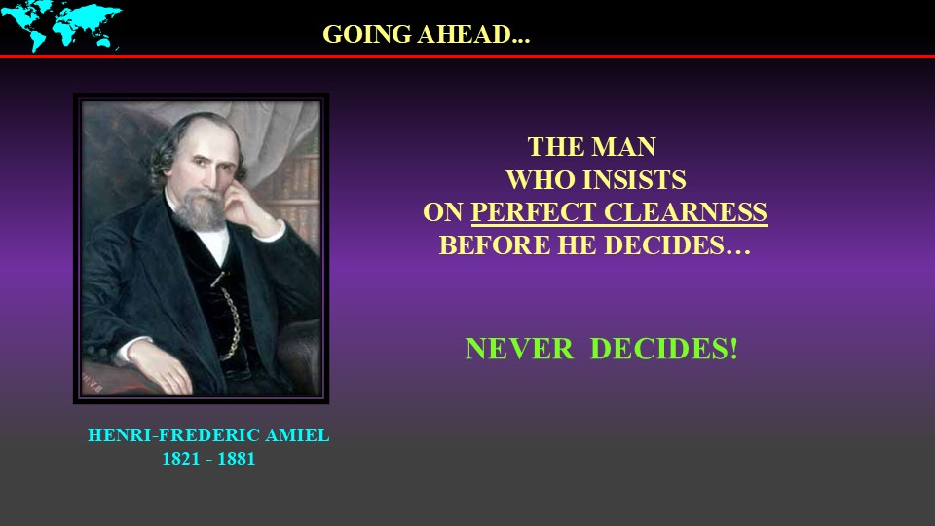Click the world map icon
60,25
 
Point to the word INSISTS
634,180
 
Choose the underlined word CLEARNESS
686,212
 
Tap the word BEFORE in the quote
495,245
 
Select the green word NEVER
519,349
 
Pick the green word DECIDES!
663,349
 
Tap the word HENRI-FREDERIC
173,435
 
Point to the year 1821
181,459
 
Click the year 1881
236,459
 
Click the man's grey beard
201,210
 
